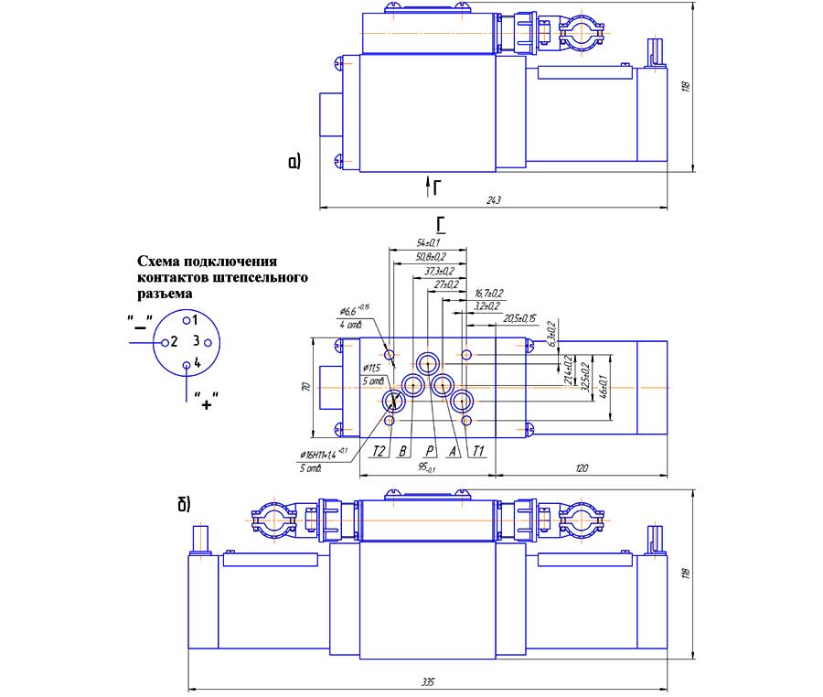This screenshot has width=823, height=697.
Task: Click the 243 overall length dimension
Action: coord(493,199)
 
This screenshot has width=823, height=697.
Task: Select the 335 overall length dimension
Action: coord(428,681)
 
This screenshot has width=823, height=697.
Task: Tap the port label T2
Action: coord(379,450)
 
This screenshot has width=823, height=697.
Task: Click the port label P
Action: coord(428,450)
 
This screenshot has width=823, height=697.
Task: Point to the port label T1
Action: coord(477,450)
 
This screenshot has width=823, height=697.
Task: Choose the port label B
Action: coord(402,450)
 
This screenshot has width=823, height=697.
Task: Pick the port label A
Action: coord(452,450)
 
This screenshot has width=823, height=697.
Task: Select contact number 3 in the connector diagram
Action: coord(195,341)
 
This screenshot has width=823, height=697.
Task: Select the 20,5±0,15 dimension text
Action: coord(522,318)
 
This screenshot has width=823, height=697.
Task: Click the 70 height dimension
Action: coord(307,388)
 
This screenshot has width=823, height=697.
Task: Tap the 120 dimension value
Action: coord(582,468)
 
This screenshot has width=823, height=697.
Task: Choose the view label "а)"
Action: coord(294,163)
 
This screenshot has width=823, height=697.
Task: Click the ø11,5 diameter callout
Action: coord(371,368)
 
